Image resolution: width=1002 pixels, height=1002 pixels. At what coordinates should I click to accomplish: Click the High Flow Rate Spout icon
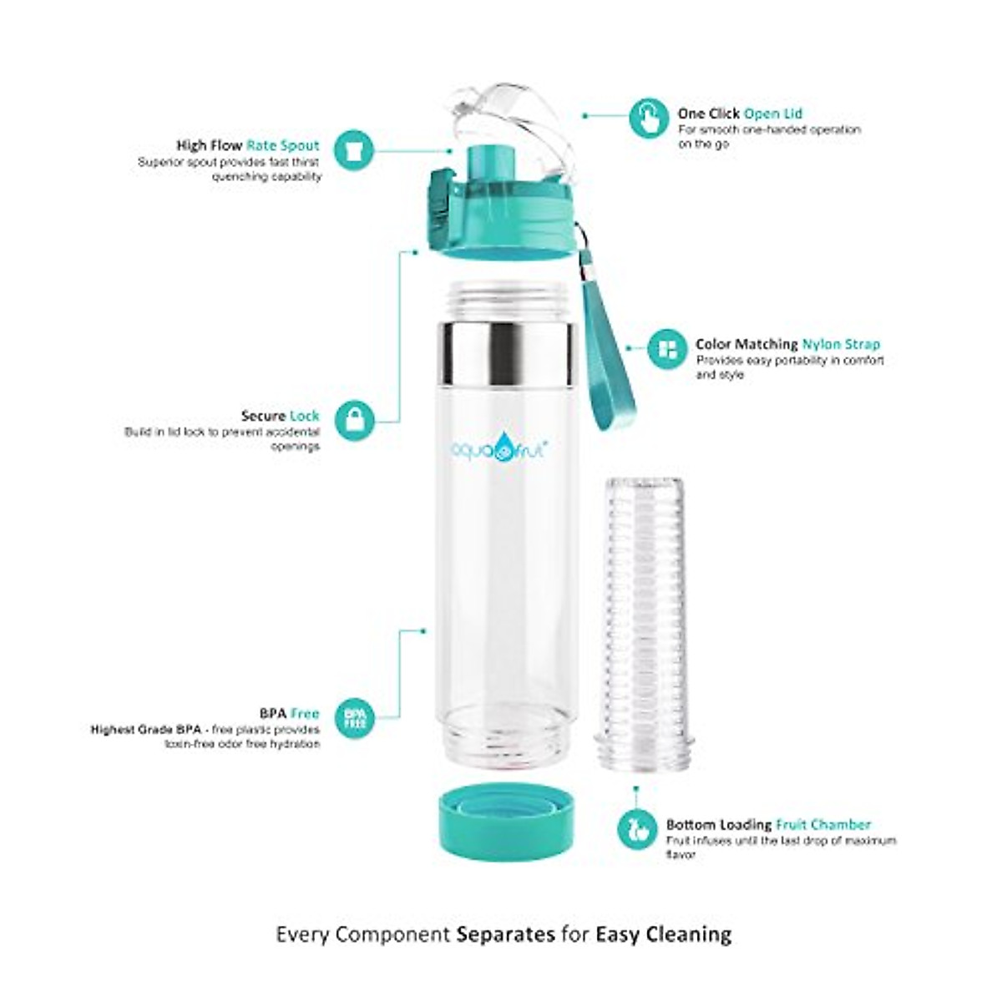pos(354,151)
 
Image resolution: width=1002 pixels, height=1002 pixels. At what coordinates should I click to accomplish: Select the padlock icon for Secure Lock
pos(356,420)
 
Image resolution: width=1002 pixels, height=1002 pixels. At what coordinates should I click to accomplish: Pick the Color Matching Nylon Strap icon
pos(668,350)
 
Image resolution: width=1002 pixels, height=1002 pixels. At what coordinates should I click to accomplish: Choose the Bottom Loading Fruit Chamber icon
pos(637,829)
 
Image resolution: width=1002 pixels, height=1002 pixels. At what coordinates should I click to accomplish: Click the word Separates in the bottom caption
pos(505,910)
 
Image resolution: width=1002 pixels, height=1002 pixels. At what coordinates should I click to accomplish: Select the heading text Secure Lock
pos(280,415)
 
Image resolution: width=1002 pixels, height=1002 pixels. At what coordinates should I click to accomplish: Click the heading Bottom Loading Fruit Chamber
pos(768,824)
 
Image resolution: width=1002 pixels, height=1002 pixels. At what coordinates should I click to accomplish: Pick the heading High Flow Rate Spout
pos(247,145)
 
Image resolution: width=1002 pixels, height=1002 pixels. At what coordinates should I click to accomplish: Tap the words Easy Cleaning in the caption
pos(663,910)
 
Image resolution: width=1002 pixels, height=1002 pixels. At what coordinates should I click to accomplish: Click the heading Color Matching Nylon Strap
pos(787,344)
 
